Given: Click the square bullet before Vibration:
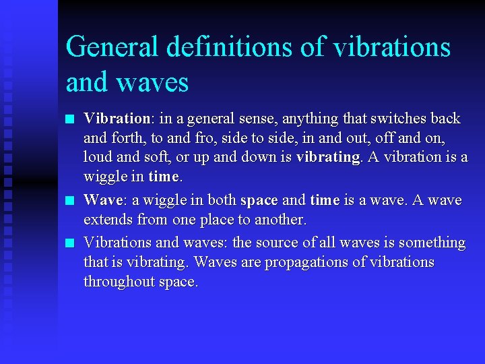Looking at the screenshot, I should coord(70,120).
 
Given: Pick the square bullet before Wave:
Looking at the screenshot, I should coord(70,201).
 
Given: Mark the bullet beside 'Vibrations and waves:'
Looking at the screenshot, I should coord(70,243).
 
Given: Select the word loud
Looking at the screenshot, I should coord(97,157).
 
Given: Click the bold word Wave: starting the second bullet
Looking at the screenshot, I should coord(103,200).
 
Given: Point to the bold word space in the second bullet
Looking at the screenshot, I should coord(259,201).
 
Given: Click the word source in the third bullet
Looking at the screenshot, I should coord(282,243).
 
